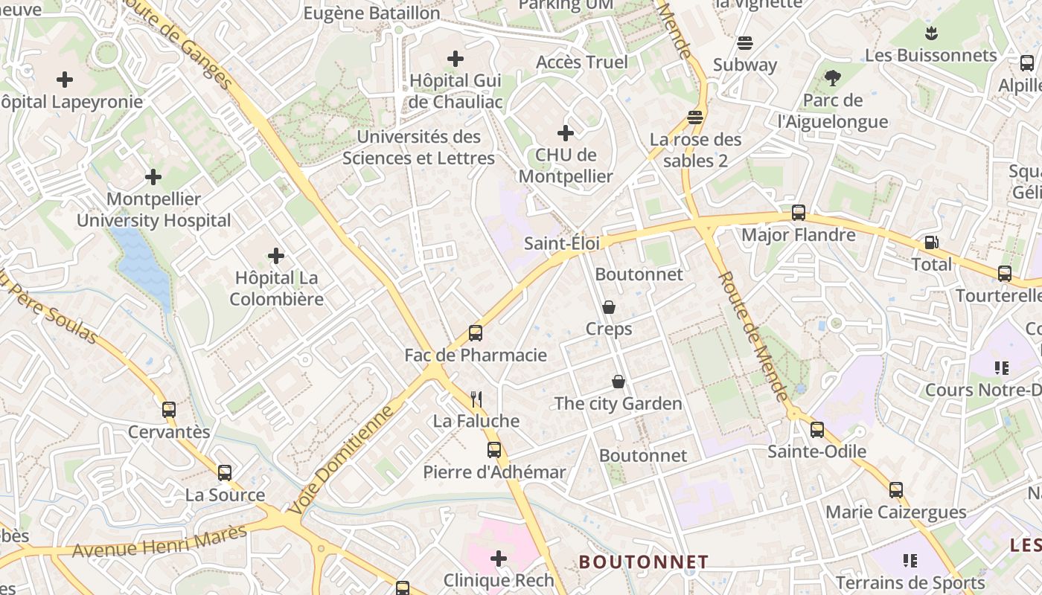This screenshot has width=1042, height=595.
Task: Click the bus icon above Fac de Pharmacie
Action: point(476,333)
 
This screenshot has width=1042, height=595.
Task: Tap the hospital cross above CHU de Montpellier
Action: point(566,133)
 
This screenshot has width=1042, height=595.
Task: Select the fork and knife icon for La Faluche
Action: point(477,399)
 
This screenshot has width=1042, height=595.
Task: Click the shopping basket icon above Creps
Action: point(608,307)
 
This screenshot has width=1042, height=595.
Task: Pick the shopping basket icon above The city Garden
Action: point(618,382)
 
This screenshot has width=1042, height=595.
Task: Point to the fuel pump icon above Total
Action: point(931,242)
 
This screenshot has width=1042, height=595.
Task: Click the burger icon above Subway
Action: point(744,43)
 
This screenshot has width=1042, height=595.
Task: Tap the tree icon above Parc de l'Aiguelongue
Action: point(833,77)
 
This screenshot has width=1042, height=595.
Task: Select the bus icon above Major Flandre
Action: point(799,213)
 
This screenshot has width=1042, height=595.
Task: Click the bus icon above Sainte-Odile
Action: point(817,429)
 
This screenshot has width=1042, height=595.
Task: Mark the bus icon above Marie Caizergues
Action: point(896,490)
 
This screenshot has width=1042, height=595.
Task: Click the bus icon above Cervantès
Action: point(169,410)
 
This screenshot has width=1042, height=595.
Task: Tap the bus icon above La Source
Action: point(225,473)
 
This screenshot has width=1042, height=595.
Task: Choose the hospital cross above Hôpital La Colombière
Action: point(276,256)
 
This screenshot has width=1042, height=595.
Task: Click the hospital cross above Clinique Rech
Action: point(499,558)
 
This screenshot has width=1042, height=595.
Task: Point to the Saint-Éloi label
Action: point(561,243)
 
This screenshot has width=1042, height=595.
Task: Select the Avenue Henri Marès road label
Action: point(159,541)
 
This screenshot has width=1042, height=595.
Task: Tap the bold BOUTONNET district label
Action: point(644,561)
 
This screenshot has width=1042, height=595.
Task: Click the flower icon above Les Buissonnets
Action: point(930,33)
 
